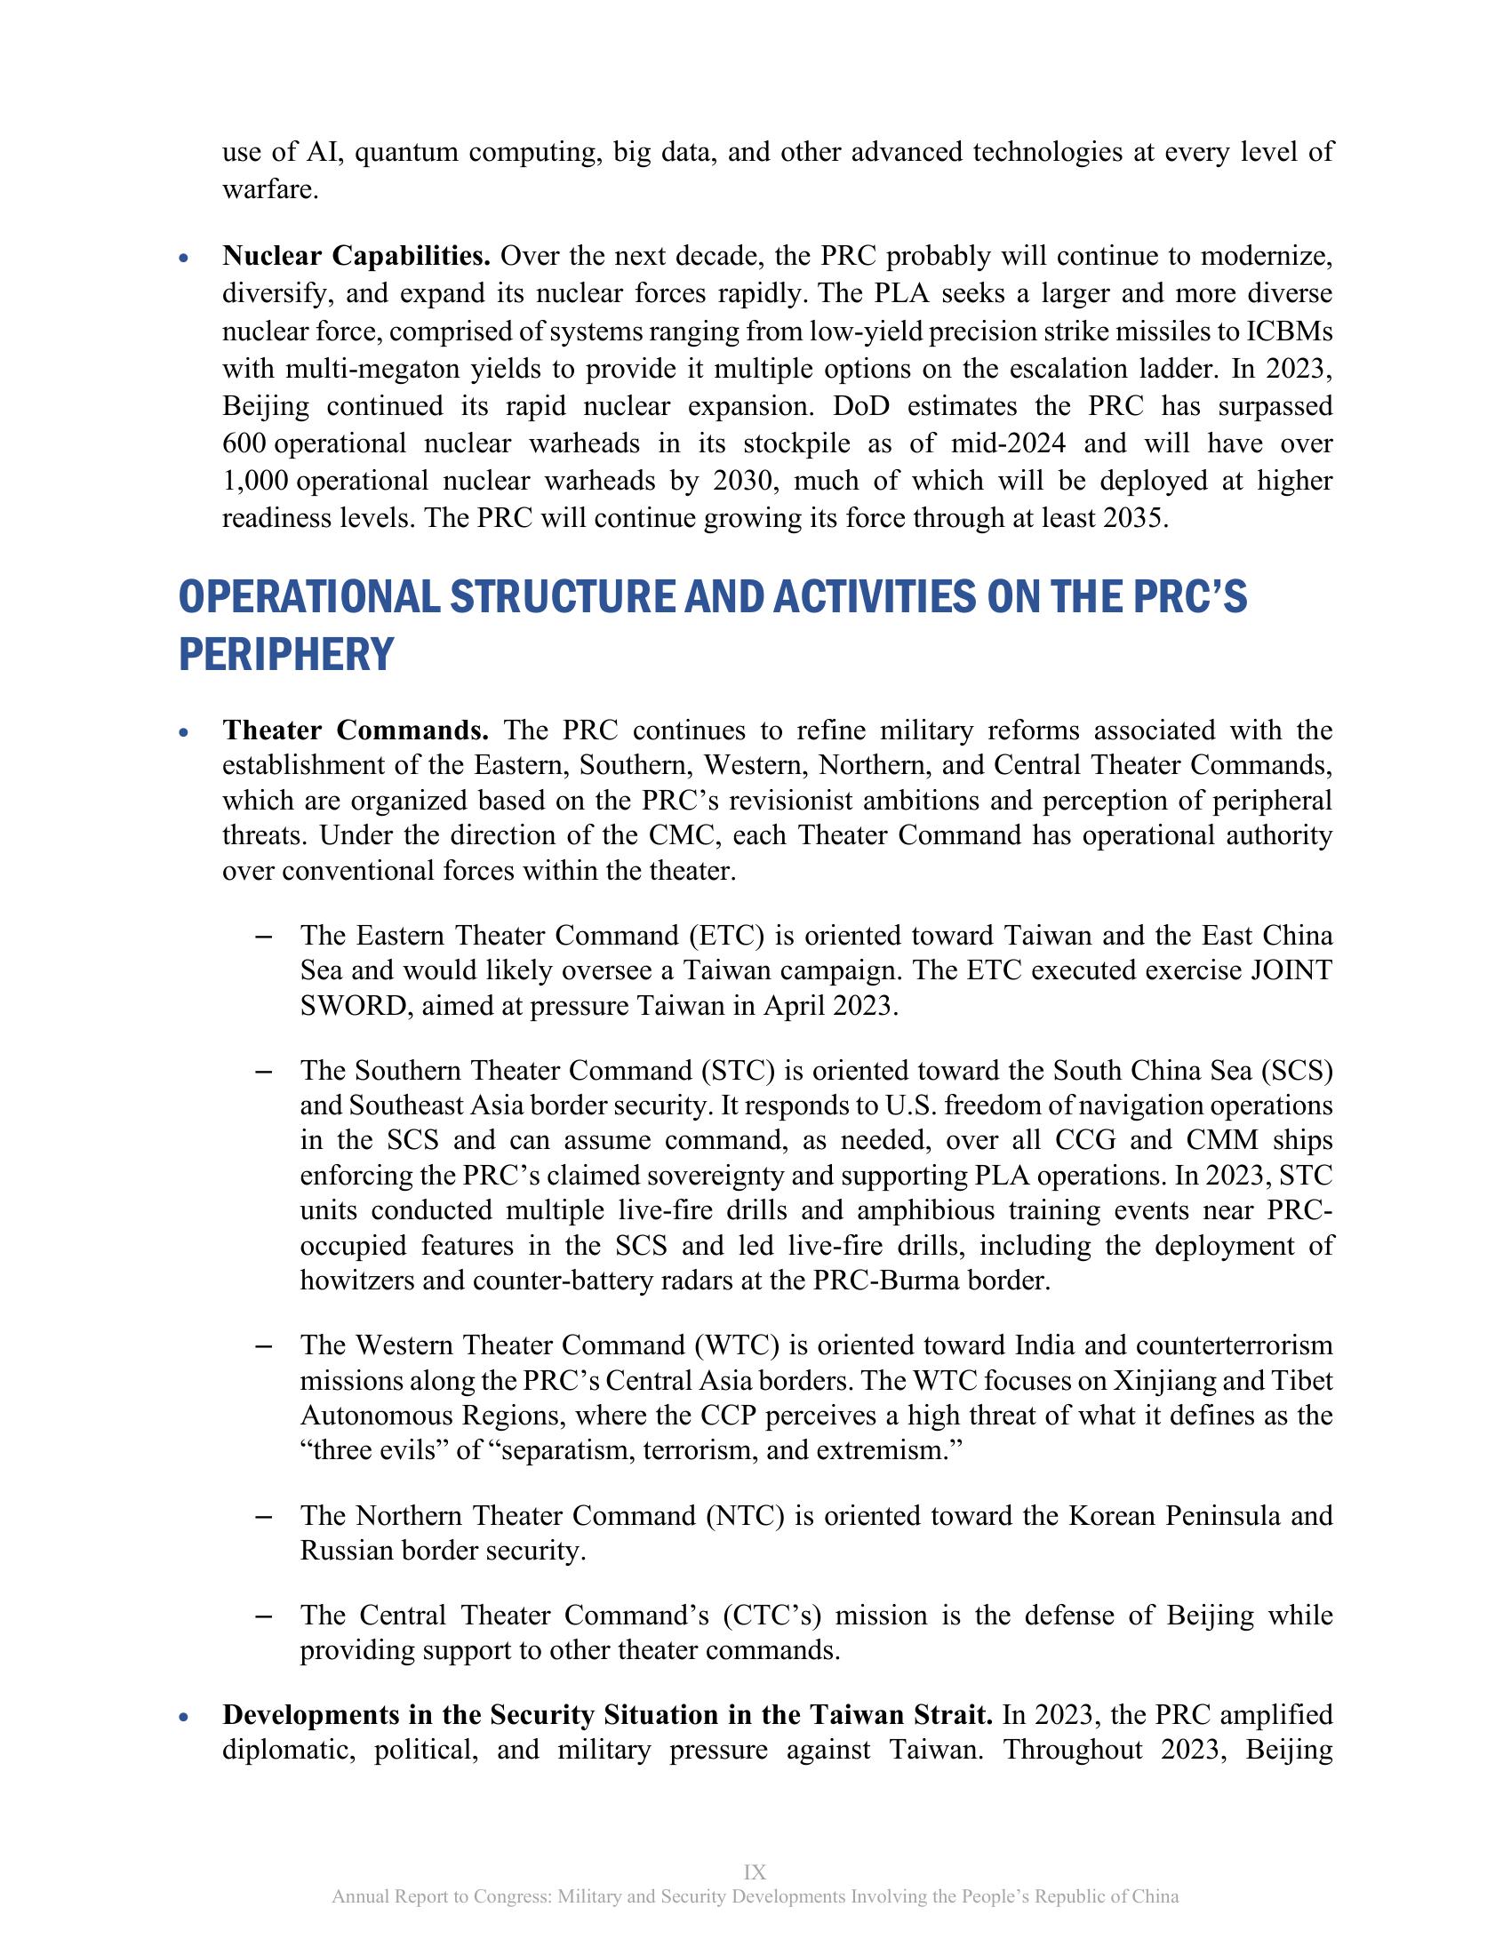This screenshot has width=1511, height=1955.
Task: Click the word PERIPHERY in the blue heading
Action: [285, 654]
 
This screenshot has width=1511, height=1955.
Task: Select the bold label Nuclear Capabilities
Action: [356, 257]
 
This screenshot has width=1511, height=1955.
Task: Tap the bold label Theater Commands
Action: [356, 730]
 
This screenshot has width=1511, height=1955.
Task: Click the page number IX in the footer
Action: [755, 1872]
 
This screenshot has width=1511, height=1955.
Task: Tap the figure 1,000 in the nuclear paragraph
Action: [255, 482]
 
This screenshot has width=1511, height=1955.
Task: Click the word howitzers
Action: [357, 1281]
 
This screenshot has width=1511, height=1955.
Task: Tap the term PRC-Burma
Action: [879, 1281]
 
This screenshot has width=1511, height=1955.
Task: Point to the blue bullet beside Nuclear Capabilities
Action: [184, 259]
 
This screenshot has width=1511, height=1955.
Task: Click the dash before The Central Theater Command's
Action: [263, 1616]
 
